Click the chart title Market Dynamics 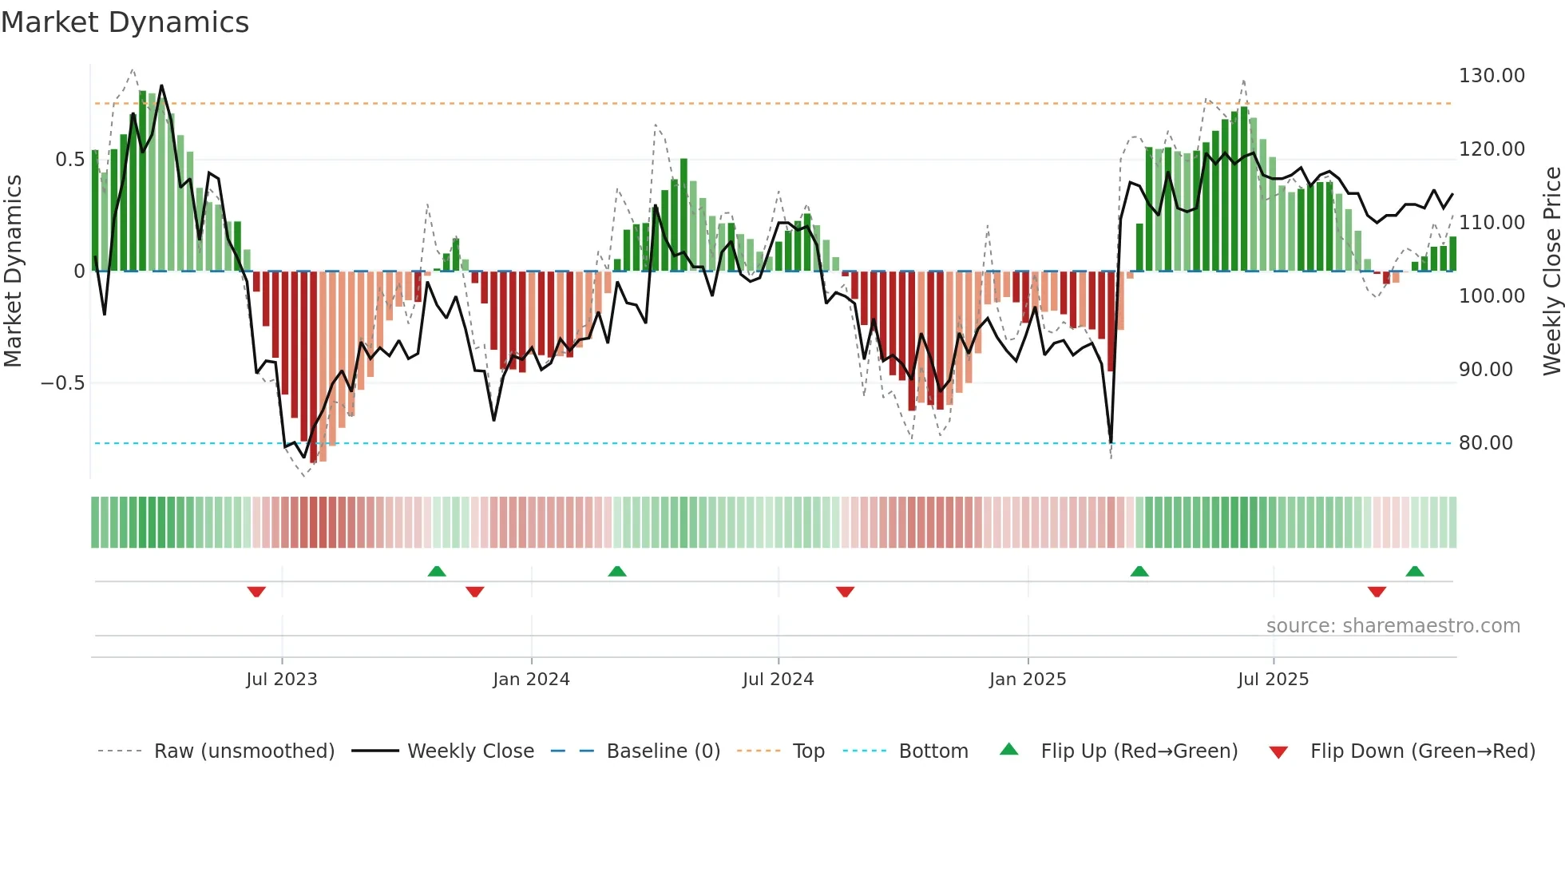coord(125,22)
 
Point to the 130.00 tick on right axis coord(1491,76)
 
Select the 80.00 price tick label coord(1485,443)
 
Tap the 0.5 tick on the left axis coord(69,160)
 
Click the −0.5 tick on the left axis coord(62,383)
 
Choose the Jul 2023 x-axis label coord(281,680)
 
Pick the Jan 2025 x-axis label coord(1027,680)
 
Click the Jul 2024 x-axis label coord(778,680)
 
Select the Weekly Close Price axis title coord(1551,272)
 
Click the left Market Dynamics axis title coord(13,272)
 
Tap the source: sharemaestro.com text coord(1393,626)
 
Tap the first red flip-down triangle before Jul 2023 coord(256,592)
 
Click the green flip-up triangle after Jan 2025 coord(1139,571)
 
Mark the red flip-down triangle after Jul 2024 coord(845,592)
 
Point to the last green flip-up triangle coord(1414,571)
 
